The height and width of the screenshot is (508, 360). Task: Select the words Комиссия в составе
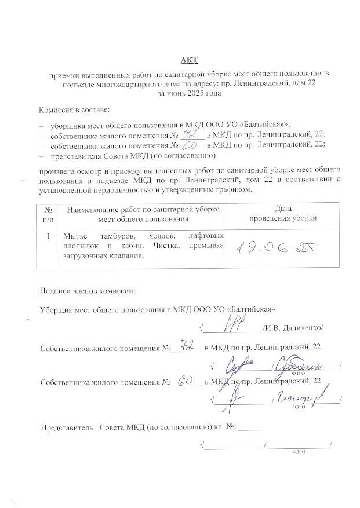pos(74,109)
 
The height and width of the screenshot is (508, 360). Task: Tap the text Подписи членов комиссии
pos(86,291)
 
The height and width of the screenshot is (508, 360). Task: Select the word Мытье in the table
pos(75,236)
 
